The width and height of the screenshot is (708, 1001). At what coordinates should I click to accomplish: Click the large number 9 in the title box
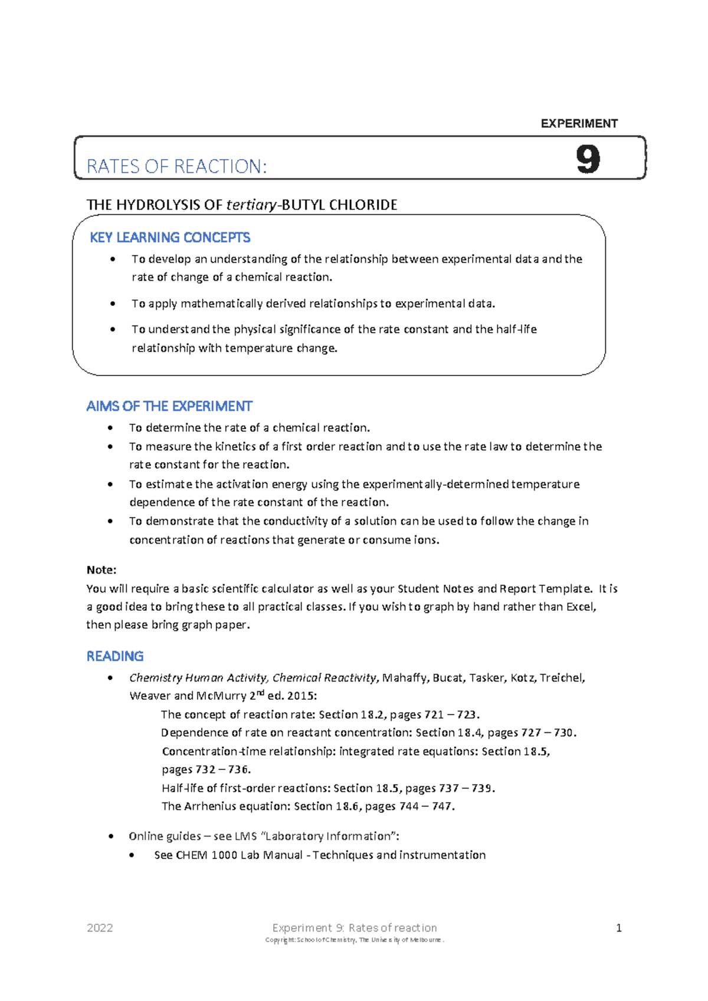pyautogui.click(x=588, y=159)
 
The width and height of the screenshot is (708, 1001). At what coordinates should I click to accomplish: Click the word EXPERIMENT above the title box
pyautogui.click(x=579, y=123)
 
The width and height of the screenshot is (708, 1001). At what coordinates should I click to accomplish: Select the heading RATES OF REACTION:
pyautogui.click(x=176, y=166)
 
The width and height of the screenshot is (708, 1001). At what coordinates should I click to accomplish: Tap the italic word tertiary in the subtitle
pyautogui.click(x=251, y=205)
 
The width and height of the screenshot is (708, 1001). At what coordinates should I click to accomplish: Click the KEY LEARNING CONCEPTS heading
pyautogui.click(x=170, y=238)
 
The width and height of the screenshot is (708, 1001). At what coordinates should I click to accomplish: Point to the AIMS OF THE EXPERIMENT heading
pyautogui.click(x=169, y=406)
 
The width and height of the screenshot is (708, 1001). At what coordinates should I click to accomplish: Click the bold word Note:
pyautogui.click(x=101, y=569)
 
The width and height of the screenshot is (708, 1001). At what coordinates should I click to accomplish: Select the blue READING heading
pyautogui.click(x=115, y=656)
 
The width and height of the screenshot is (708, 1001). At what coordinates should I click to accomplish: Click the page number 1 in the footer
pyautogui.click(x=618, y=928)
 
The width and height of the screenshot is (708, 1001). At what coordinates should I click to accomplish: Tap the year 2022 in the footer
pyautogui.click(x=100, y=928)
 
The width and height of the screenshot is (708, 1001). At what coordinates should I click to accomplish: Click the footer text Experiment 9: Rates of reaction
pyautogui.click(x=354, y=928)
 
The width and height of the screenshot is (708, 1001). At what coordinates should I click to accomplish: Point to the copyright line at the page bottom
pyautogui.click(x=354, y=940)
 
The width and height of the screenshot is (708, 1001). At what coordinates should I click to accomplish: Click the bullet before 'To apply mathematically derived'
pyautogui.click(x=113, y=304)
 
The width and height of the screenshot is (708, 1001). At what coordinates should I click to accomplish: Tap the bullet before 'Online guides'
pyautogui.click(x=110, y=837)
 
